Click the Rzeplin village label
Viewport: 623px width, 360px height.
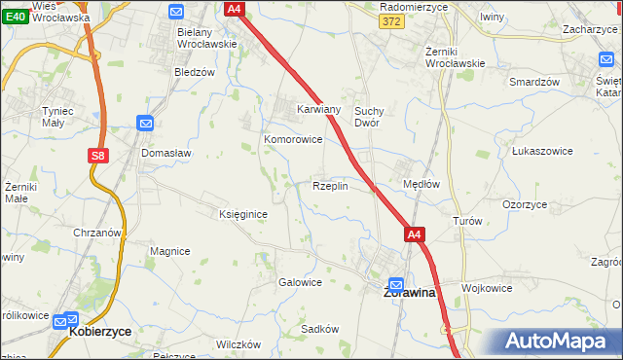[330, 186]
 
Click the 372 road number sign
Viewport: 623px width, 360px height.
[392, 21]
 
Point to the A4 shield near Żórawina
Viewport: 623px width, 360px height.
[414, 234]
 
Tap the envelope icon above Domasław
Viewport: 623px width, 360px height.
[145, 124]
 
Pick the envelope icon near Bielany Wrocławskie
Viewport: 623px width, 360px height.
[176, 12]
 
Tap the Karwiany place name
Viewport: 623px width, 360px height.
[318, 110]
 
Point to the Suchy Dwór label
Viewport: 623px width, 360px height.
[373, 117]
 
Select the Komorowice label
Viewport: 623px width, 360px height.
[293, 139]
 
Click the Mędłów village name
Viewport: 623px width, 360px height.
[421, 184]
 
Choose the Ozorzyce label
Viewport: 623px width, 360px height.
[525, 205]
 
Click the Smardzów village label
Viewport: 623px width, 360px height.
[534, 82]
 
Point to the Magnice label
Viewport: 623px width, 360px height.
[169, 251]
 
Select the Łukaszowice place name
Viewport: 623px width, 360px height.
[540, 152]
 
